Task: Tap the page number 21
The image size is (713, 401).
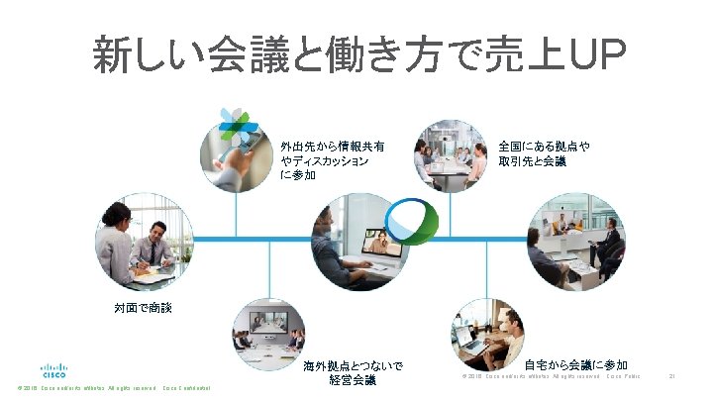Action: tap(672, 376)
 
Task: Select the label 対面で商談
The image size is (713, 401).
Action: tap(139, 309)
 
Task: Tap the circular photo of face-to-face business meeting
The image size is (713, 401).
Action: tap(139, 247)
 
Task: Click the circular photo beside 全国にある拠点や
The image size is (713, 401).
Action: tap(452, 153)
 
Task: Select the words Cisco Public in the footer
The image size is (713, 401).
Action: tap(625, 376)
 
